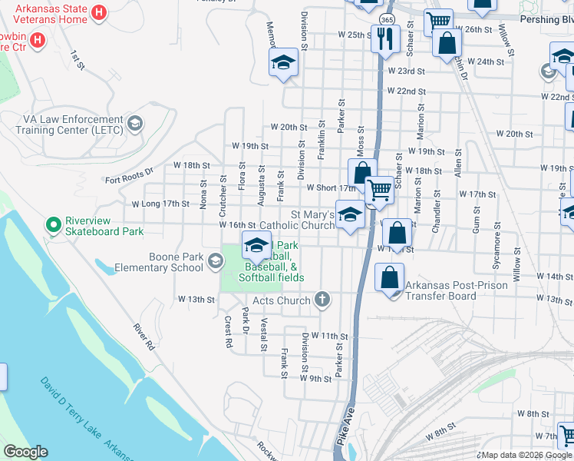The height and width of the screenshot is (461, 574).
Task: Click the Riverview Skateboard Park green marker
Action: pyautogui.click(x=53, y=224)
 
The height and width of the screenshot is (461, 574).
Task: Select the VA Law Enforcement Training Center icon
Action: pyautogui.click(x=135, y=123)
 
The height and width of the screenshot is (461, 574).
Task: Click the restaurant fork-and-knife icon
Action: pyautogui.click(x=384, y=38)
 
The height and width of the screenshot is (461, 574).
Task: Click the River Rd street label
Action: pyautogui.click(x=144, y=337)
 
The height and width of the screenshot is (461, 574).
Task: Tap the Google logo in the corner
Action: pyautogui.click(x=25, y=452)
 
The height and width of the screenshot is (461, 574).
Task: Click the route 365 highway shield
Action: pyautogui.click(x=388, y=19)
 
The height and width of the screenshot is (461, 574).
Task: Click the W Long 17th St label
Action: pyautogui.click(x=160, y=204)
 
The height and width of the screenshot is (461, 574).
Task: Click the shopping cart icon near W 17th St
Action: pyautogui.click(x=379, y=190)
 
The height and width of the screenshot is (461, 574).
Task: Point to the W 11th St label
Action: pyautogui.click(x=330, y=337)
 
